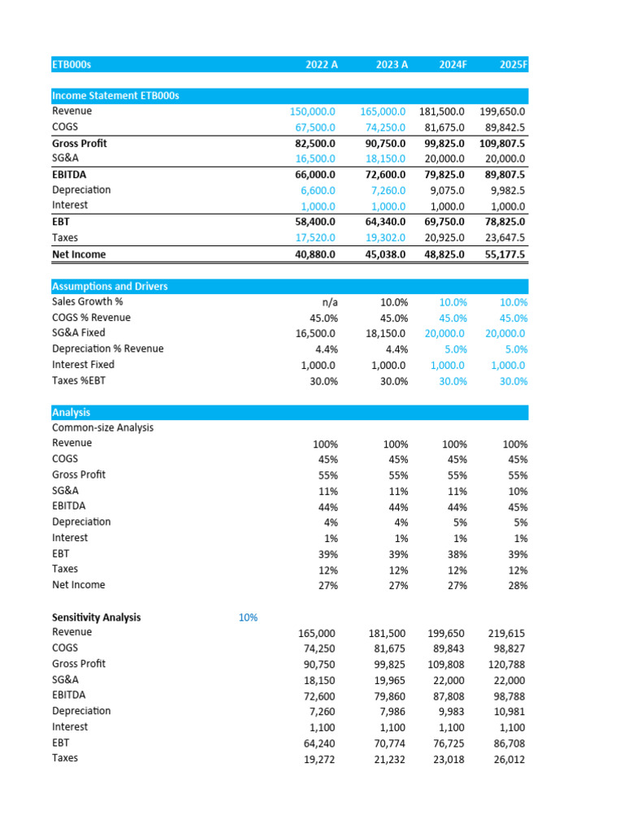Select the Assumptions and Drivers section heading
110,286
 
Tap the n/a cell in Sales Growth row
328,302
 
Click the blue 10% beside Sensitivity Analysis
248,617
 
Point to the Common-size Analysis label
102,427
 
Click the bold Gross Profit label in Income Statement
80,143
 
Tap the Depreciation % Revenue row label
107,349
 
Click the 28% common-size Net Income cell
515,585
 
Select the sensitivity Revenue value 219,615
507,632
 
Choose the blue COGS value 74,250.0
383,128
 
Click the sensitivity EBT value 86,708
507,743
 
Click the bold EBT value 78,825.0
501,222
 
